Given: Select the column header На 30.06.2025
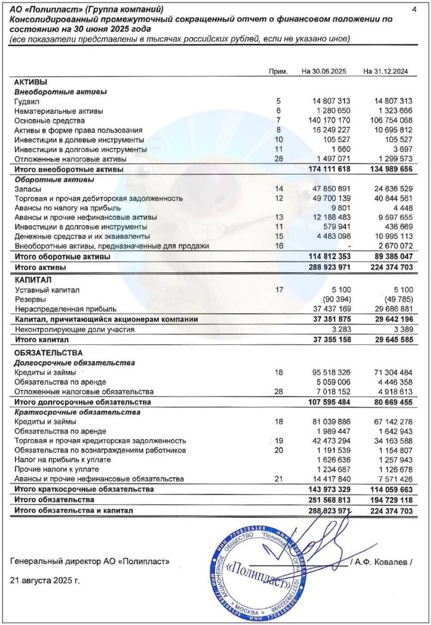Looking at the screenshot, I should tap(324, 71).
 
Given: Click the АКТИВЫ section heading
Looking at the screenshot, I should tap(31, 82).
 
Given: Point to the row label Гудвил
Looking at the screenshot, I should tap(27, 101).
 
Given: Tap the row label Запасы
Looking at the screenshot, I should tap(28, 189).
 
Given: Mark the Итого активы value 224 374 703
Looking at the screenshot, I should tap(387, 268).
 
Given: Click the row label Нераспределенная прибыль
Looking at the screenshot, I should tap(66, 309).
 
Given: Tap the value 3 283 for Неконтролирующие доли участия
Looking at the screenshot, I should tap(340, 329).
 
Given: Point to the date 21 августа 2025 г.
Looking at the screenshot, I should tap(46, 580).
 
